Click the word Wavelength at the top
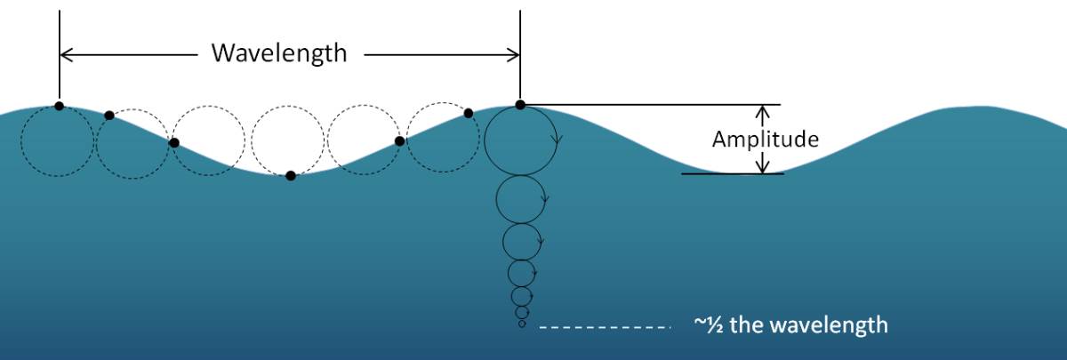pos(279,52)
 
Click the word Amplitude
pos(766,139)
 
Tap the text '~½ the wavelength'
pos(791,325)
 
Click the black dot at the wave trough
pos(291,176)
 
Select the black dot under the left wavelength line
pos(59,106)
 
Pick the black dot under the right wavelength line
pos(520,105)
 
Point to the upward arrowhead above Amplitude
pos(763,110)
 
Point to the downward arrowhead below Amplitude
pos(763,167)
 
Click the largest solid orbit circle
pos(521,140)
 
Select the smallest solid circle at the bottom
pos(522,324)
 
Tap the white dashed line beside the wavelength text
pos(605,328)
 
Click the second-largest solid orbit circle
pos(521,199)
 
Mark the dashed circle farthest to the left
pos(57,141)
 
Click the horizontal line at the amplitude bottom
pos(733,174)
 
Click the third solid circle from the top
pos(522,242)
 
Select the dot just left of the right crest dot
pos(469,113)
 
